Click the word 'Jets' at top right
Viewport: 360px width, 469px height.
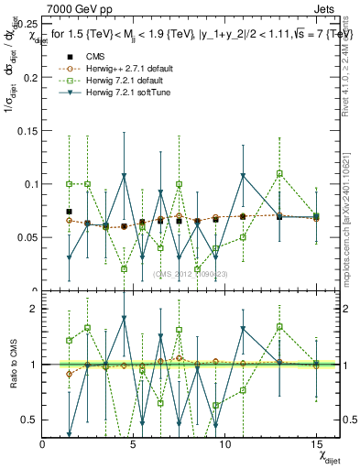tap(325, 8)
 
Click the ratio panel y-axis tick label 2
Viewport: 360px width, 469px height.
tap(35, 309)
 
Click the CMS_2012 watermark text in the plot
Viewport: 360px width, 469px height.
tap(190, 274)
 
